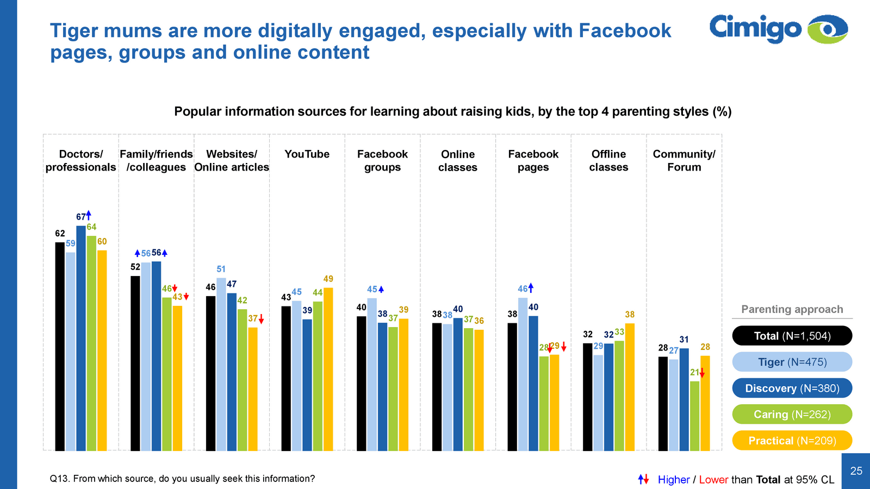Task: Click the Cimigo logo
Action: click(x=778, y=29)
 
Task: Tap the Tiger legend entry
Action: click(x=792, y=362)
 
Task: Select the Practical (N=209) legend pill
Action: click(x=792, y=441)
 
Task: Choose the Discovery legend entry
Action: click(x=792, y=388)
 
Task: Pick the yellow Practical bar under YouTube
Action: click(x=328, y=369)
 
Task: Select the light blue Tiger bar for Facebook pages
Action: click(x=523, y=374)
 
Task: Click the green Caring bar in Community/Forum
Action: click(x=694, y=416)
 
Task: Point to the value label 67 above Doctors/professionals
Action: click(x=80, y=217)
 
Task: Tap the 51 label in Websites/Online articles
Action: click(x=221, y=269)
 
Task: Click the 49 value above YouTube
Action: click(x=328, y=279)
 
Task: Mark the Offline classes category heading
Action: click(x=608, y=161)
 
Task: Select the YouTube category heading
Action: click(x=307, y=154)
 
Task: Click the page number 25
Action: click(x=856, y=471)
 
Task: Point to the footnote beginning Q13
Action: click(x=182, y=479)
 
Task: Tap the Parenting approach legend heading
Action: click(x=792, y=310)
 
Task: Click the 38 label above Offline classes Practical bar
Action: click(x=630, y=315)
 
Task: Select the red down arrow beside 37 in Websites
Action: click(x=262, y=319)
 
